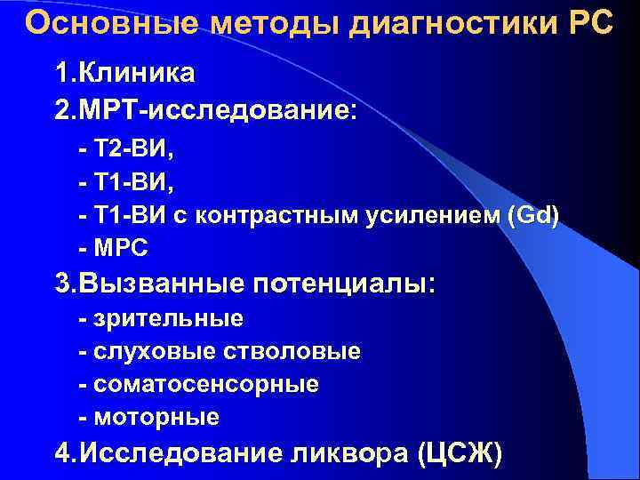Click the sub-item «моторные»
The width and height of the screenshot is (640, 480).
click(155, 417)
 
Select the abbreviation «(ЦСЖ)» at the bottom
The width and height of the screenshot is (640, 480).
click(459, 454)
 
